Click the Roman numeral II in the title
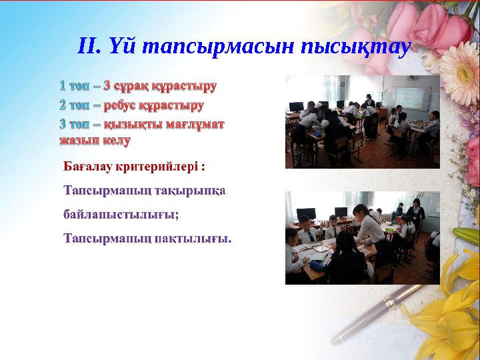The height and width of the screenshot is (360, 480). tap(89, 46)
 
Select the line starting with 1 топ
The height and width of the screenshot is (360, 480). tap(138, 86)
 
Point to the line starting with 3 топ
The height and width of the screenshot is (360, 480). tap(142, 124)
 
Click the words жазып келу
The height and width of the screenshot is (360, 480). tap(95, 140)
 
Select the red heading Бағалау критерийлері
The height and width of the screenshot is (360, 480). tap(133, 165)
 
